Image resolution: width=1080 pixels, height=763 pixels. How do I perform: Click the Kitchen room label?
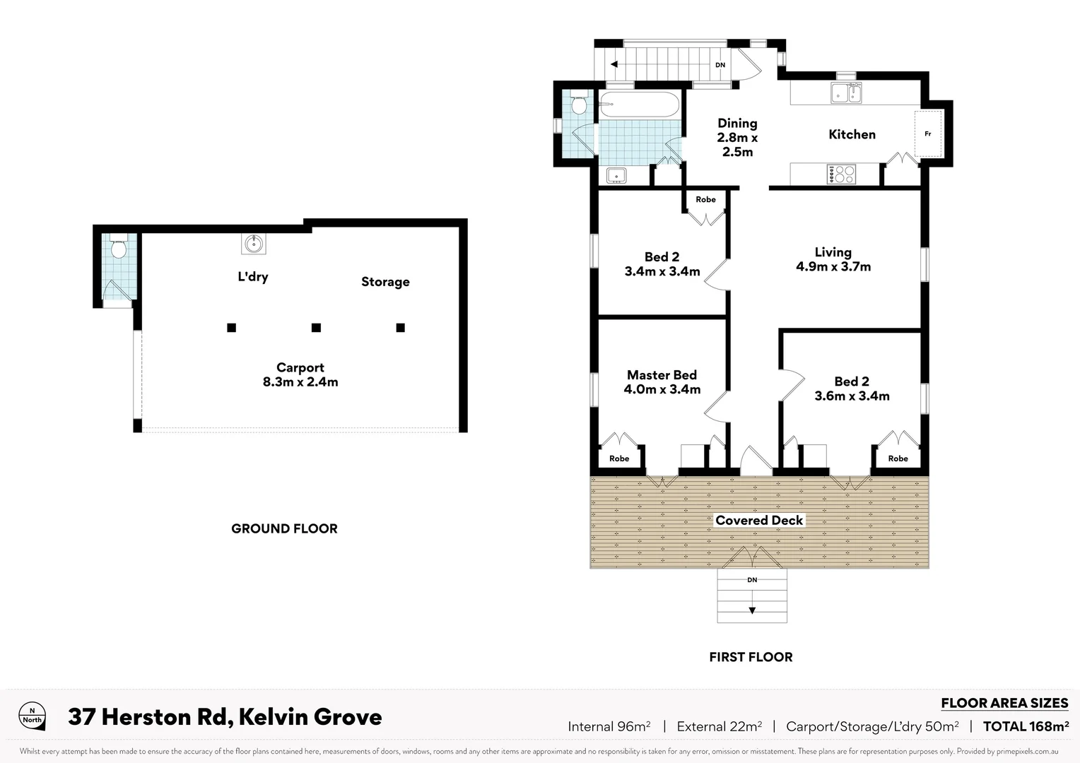pos(852,134)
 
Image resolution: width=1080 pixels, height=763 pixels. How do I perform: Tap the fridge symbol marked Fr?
pos(928,134)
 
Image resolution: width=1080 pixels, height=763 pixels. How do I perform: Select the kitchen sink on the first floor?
pos(845,93)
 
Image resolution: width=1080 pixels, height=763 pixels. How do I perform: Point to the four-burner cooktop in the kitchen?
pos(841,174)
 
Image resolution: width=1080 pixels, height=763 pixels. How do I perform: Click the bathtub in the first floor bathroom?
pos(639,105)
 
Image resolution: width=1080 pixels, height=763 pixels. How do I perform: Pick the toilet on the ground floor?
pos(118,248)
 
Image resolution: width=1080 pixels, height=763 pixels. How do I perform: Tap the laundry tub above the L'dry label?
pos(254,244)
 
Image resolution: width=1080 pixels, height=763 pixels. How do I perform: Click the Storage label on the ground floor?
pos(385,282)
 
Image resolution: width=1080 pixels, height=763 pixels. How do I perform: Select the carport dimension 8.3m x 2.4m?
pos(300,382)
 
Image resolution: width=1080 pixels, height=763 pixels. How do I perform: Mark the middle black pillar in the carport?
pos(316,327)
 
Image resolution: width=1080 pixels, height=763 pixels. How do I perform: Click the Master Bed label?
pos(662,375)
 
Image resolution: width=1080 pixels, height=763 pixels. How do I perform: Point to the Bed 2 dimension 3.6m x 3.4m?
pos(852,396)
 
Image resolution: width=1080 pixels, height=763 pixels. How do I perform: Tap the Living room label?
pos(833,252)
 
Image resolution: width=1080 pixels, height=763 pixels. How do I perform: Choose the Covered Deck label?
pos(759,521)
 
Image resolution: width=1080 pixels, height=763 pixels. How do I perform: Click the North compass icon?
pos(32,716)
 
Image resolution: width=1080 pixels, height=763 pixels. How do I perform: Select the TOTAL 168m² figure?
pos(1026,726)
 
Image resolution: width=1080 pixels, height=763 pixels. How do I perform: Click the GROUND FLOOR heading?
pos(284,528)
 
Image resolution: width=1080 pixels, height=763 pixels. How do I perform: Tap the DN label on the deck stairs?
pos(752,580)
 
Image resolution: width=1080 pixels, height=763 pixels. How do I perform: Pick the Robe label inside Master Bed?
pos(619,459)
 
